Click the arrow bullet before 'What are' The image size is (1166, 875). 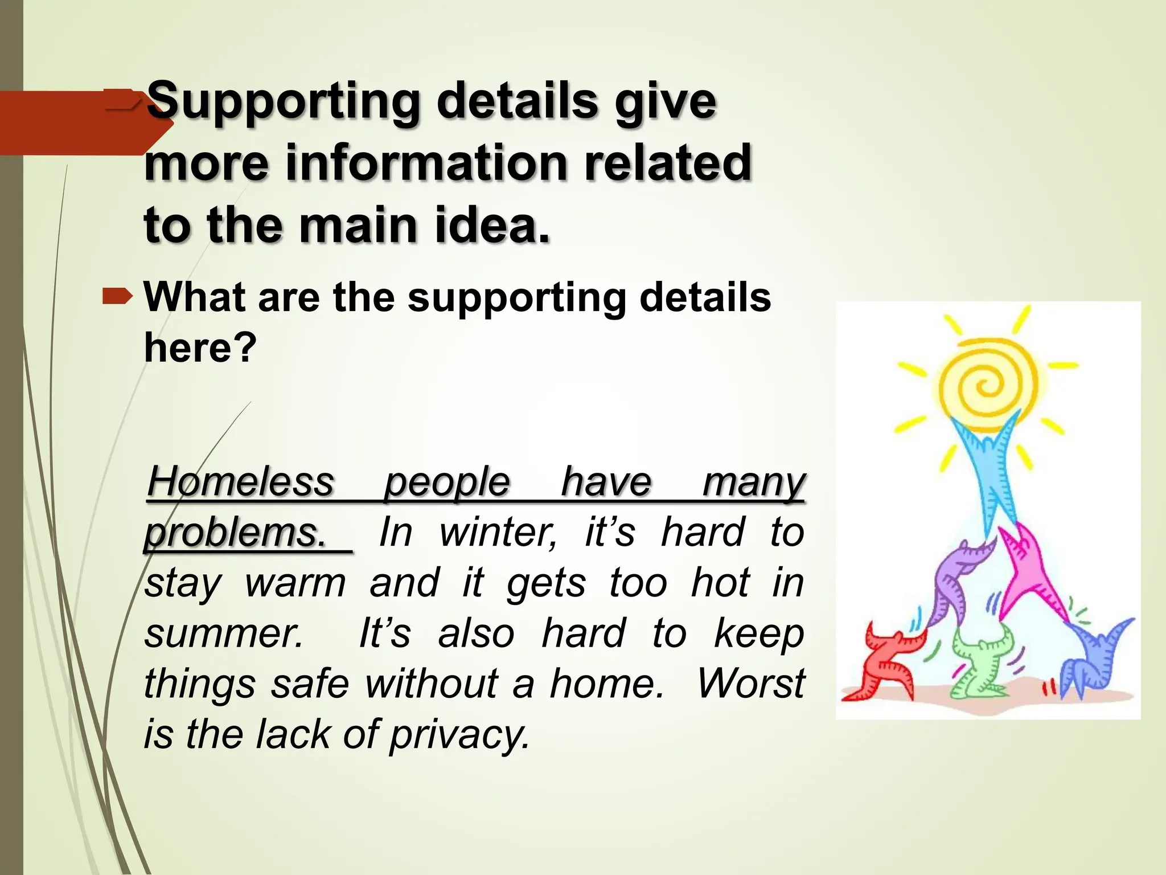click(x=117, y=296)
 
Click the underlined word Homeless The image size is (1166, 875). click(x=240, y=483)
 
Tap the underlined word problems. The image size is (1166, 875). click(x=235, y=533)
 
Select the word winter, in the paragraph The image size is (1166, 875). click(x=498, y=532)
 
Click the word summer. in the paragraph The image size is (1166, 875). click(x=224, y=633)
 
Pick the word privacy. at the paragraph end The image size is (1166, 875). click(x=460, y=734)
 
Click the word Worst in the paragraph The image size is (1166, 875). click(x=751, y=684)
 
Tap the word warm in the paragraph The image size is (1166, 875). click(x=295, y=583)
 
